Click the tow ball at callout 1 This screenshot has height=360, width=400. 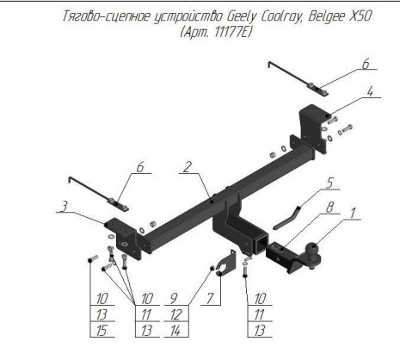(313, 251)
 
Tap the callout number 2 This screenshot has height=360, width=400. (188, 167)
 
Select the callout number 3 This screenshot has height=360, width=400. (65, 207)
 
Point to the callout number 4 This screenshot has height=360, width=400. (370, 91)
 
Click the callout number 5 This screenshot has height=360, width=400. (329, 183)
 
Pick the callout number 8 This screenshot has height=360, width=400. (329, 208)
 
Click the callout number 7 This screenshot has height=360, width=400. (210, 299)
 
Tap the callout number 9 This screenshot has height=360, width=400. (174, 299)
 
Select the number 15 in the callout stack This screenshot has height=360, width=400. (102, 331)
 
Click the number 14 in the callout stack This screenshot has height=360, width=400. (175, 331)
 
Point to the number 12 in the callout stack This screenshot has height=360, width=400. (175, 315)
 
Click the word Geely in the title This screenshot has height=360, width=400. (241, 16)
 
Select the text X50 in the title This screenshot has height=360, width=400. (360, 16)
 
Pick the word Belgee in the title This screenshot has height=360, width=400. (326, 16)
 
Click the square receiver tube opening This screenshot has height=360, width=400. (261, 244)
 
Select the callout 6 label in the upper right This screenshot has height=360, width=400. (366, 64)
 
